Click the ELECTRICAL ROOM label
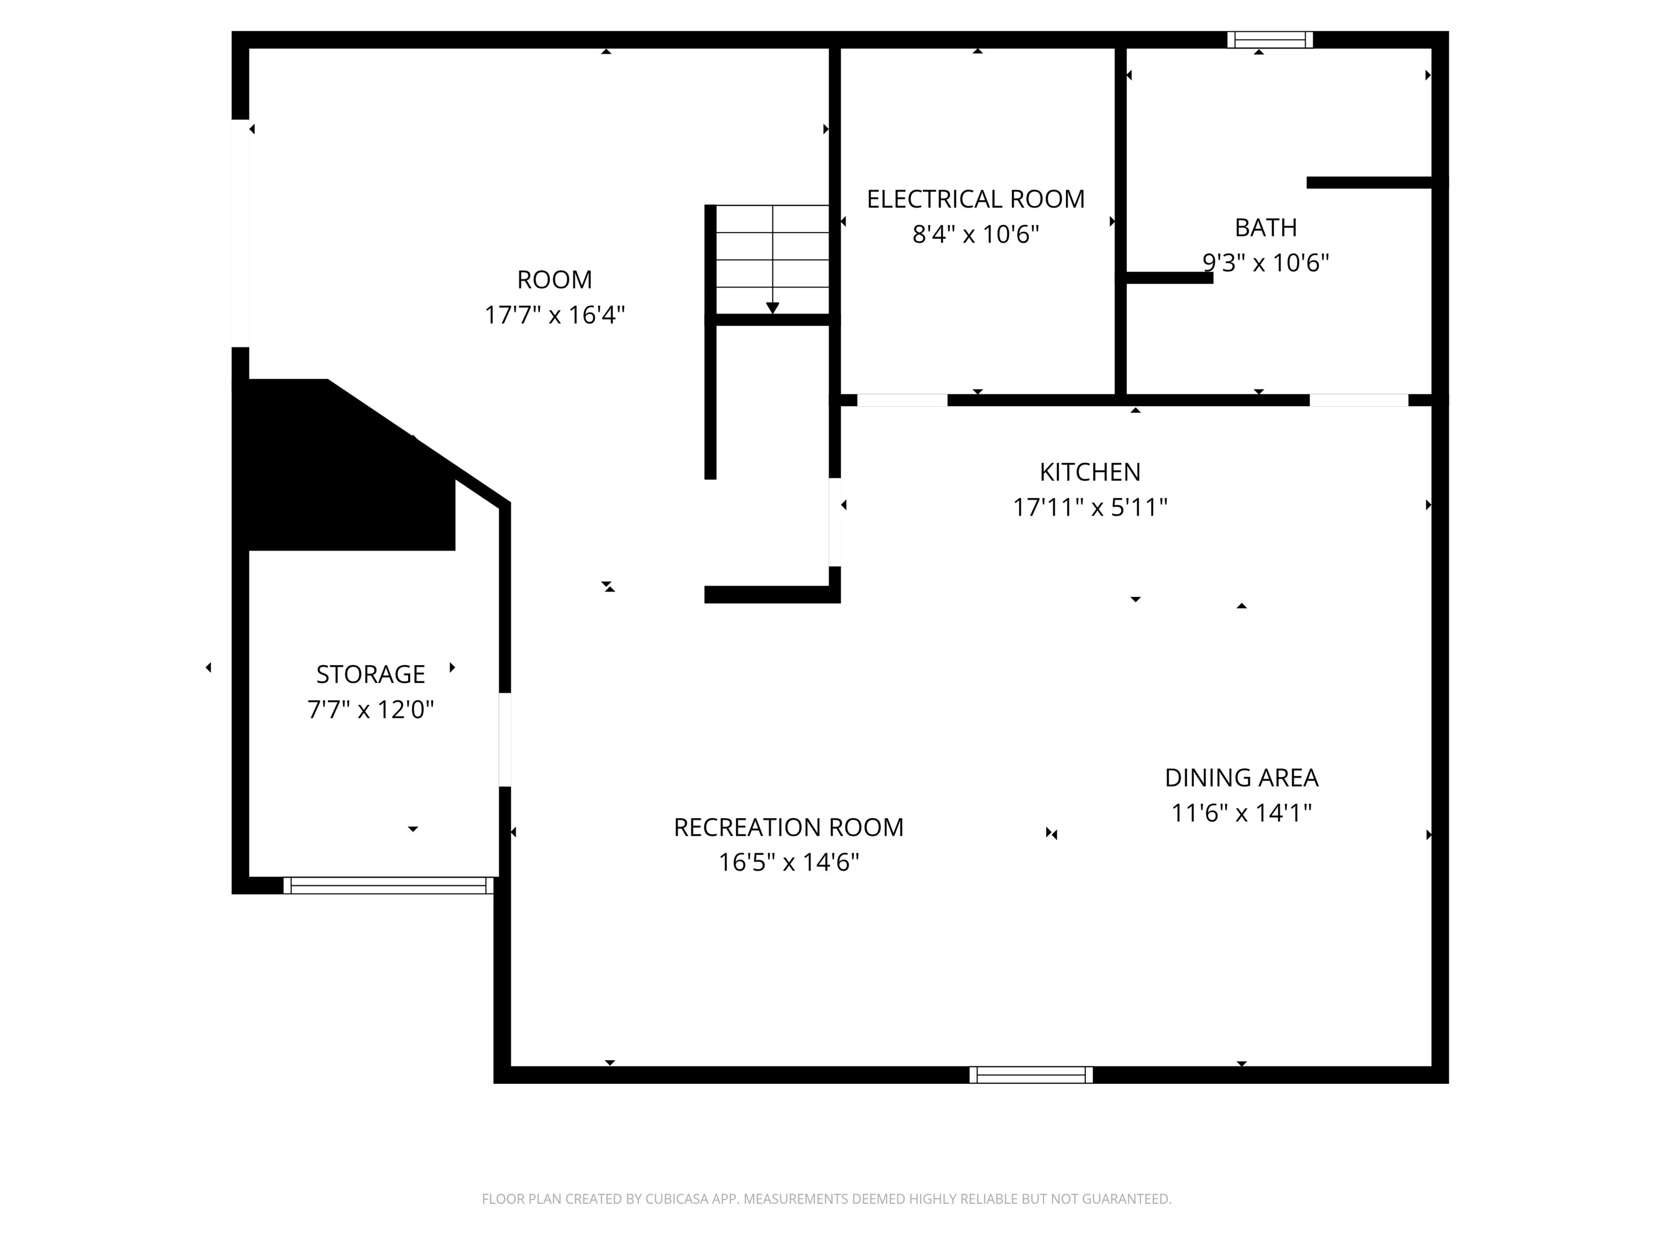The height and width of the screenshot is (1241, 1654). point(975,199)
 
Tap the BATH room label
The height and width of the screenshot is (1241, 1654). point(1265,227)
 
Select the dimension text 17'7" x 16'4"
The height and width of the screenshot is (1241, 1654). point(554,315)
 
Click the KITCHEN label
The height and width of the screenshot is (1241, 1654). point(1089,472)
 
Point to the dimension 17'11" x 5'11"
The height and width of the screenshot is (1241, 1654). point(1089,508)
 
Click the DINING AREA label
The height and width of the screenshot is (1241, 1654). point(1241,778)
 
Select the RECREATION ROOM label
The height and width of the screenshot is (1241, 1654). point(788,827)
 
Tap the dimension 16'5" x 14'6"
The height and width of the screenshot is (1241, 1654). point(788,862)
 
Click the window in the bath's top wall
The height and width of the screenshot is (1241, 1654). point(1270,40)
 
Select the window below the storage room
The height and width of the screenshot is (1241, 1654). point(388,886)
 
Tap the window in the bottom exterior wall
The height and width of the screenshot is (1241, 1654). point(1031,1075)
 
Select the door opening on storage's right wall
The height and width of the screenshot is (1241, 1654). point(504,739)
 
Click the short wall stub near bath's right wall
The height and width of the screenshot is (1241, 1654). point(1368,183)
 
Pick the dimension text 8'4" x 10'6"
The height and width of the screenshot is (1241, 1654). point(975,235)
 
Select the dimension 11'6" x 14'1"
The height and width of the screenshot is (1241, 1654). point(1241,813)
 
